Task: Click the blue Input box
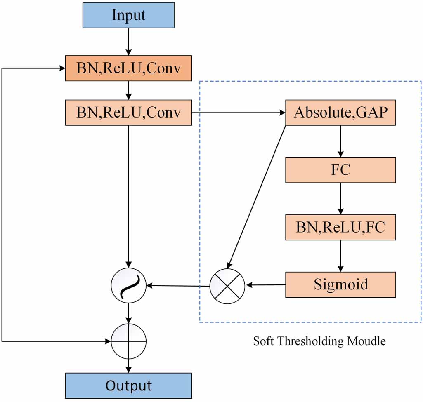(128, 15)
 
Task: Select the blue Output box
(128, 386)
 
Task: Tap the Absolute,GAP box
(340, 112)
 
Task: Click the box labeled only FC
(340, 170)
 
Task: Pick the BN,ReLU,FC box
(340, 227)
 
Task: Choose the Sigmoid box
(340, 284)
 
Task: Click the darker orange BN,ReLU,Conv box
(128, 68)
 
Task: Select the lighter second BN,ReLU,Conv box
(128, 112)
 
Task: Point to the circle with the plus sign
(129, 341)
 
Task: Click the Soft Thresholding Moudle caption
(319, 341)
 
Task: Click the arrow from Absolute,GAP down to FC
(340, 141)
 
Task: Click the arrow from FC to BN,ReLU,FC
(340, 198)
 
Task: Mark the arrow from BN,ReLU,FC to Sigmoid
(340, 256)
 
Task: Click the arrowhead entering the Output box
(129, 369)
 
